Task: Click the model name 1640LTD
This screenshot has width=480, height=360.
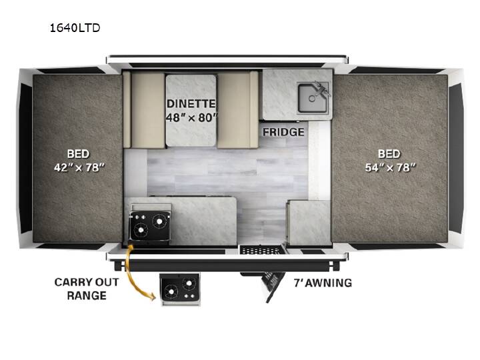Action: tap(75, 28)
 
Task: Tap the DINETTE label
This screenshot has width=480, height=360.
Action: tap(191, 104)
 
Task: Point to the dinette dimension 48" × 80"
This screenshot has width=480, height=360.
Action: tap(191, 117)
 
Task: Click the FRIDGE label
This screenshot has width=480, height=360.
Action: tap(283, 132)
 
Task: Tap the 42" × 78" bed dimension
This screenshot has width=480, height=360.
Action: tap(79, 167)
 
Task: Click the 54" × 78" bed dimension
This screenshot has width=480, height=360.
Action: tap(390, 167)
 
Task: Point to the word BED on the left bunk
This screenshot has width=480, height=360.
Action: tap(79, 154)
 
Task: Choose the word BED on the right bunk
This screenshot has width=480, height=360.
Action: tap(389, 154)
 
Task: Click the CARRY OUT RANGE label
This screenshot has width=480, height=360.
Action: tap(87, 289)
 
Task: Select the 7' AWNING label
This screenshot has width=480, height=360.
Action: tap(323, 283)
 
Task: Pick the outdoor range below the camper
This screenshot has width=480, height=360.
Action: tap(180, 289)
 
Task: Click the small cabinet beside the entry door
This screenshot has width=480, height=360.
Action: tap(309, 223)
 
